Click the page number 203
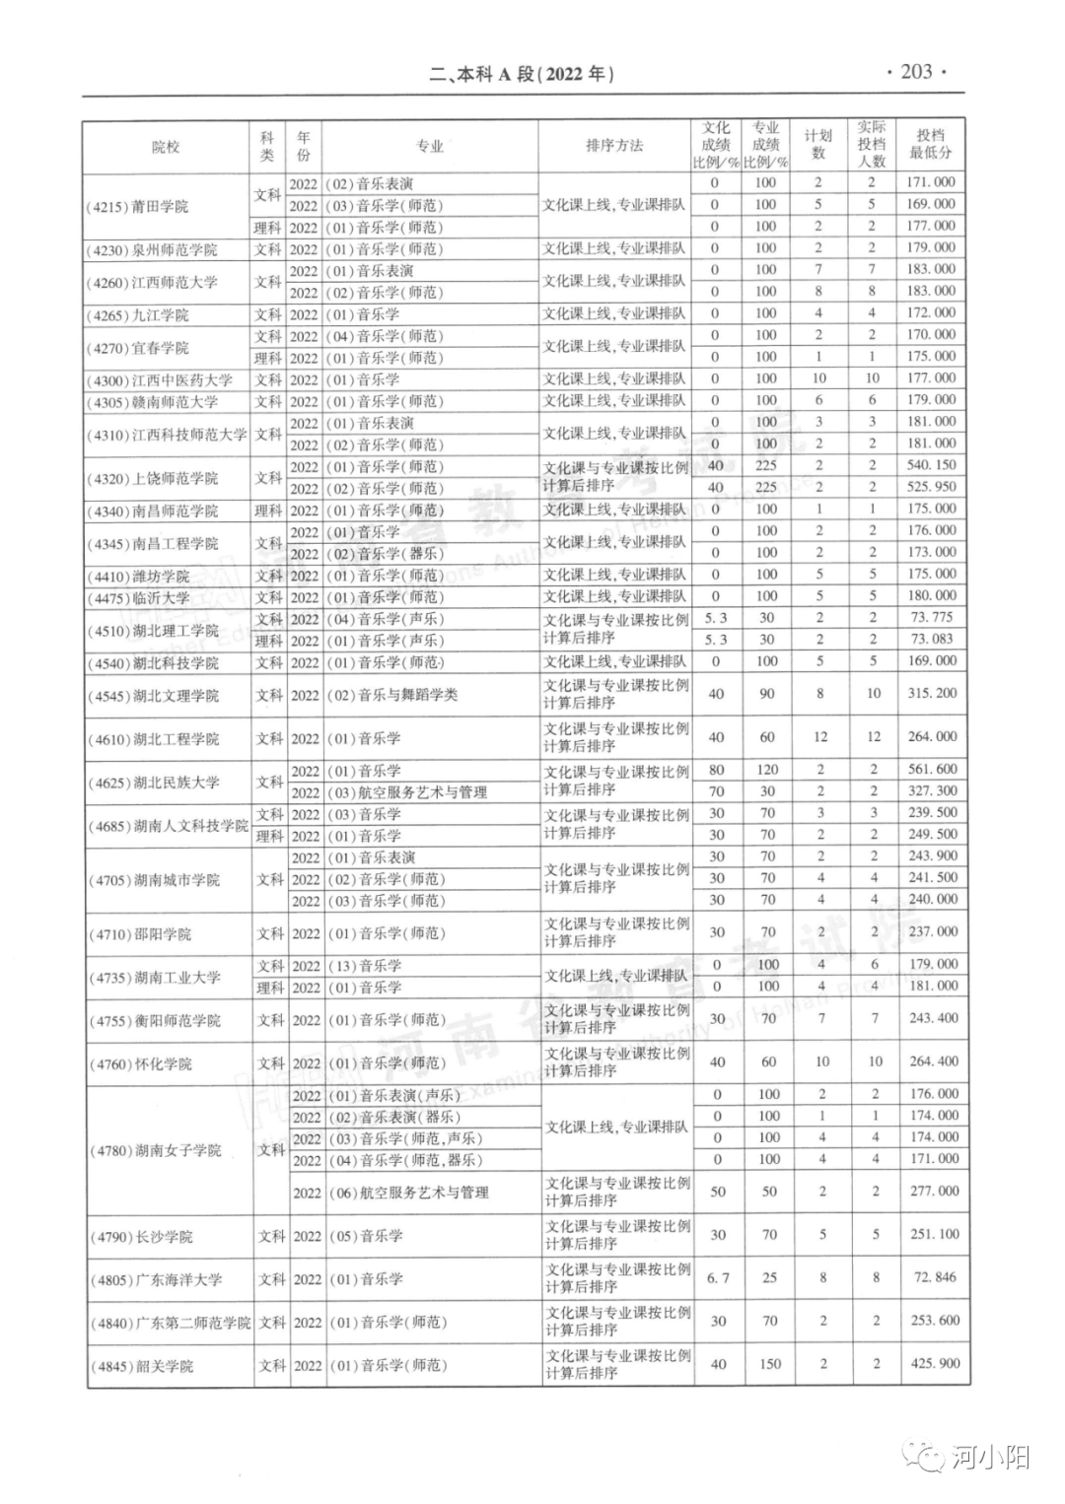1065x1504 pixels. point(916,72)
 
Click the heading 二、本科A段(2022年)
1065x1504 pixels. point(522,74)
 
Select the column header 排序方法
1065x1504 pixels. point(614,146)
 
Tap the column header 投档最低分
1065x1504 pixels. point(931,145)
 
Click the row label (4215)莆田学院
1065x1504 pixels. point(137,206)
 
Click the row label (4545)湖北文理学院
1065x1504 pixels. point(147,696)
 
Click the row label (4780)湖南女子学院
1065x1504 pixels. point(156,1150)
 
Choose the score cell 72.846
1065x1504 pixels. point(934,1277)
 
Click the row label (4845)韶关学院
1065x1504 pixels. point(142,1366)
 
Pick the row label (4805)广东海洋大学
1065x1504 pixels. point(156,1279)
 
